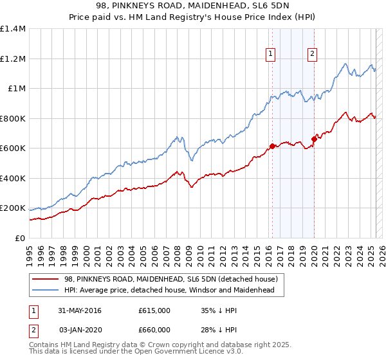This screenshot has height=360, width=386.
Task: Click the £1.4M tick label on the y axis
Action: [x=13, y=29]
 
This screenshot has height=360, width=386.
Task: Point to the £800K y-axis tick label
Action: [x=13, y=118]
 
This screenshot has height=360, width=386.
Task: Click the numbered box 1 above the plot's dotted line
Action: [x=271, y=55]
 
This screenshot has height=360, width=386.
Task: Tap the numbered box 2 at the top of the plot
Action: [x=312, y=55]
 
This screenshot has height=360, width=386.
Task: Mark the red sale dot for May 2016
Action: [x=272, y=146]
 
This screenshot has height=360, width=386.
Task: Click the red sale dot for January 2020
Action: [x=314, y=139]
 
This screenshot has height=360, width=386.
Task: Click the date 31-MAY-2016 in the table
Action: [x=79, y=311]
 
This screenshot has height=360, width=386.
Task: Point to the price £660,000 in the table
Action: [x=154, y=330]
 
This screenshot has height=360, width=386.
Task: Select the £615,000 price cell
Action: [x=154, y=311]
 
